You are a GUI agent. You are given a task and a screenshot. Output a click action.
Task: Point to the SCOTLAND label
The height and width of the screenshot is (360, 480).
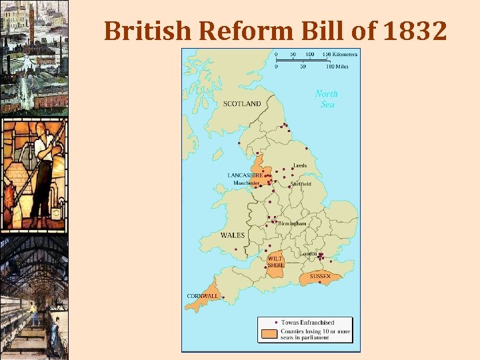(x=242, y=104)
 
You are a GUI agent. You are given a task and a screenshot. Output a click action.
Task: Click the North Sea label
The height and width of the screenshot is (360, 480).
(x=327, y=99)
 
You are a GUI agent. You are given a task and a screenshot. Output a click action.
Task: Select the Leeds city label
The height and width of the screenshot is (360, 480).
(x=300, y=165)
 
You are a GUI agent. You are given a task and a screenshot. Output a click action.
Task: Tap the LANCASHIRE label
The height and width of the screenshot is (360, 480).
(x=245, y=175)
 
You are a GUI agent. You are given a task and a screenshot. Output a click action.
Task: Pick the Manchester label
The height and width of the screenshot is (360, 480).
(x=246, y=183)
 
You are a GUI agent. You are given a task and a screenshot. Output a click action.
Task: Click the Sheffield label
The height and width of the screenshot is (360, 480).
(x=301, y=184)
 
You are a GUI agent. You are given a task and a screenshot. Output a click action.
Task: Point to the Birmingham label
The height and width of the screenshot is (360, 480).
(x=292, y=223)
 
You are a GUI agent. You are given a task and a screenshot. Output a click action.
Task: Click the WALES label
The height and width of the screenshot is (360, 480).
(x=233, y=235)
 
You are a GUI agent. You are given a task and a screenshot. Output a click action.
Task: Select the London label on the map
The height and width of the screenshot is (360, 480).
(x=308, y=254)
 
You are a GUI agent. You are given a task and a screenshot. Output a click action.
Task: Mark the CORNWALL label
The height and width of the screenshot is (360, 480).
(x=202, y=296)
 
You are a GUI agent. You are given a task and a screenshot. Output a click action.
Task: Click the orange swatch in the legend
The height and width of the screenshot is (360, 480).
(x=269, y=332)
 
